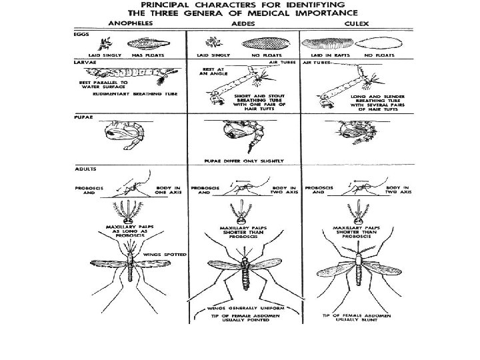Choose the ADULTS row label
[x=83, y=168]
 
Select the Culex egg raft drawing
[x=327, y=45]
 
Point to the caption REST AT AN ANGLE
[x=212, y=71]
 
